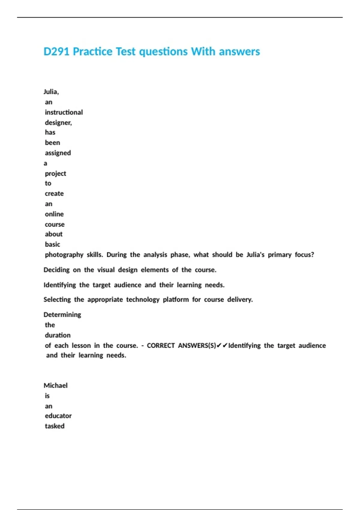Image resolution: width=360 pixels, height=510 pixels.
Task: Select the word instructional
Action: tap(64, 112)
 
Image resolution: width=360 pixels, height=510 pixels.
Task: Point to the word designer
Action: tap(58, 123)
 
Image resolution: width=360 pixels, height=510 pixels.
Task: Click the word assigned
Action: tap(58, 153)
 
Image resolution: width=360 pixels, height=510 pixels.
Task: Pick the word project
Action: tap(55, 174)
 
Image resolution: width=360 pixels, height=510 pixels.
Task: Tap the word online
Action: tap(54, 214)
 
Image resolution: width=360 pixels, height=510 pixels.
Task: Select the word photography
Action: tap(64, 255)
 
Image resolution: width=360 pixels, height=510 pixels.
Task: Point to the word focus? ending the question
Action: tap(304, 255)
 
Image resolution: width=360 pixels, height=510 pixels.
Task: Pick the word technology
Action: tap(143, 300)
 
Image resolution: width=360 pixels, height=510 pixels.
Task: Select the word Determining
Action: tap(62, 315)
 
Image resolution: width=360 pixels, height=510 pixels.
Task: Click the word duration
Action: tap(58, 335)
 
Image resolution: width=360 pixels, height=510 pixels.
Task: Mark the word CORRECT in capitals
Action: tap(160, 346)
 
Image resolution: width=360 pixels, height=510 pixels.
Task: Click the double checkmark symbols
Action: tap(222, 346)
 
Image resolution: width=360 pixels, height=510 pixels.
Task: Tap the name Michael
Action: tap(55, 385)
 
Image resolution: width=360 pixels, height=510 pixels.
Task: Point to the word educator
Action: tap(58, 416)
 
